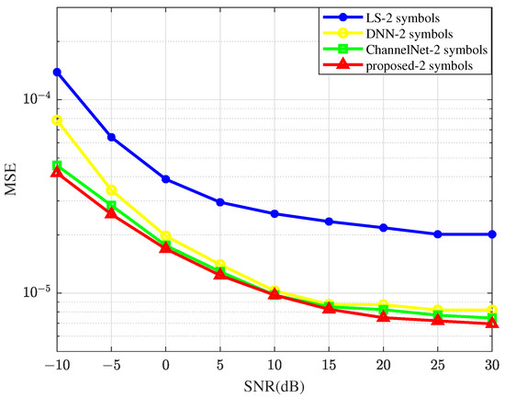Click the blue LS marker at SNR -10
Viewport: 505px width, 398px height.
pos(57,72)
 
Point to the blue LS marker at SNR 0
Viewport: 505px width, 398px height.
pos(165,179)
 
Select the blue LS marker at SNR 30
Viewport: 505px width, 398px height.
pos(492,234)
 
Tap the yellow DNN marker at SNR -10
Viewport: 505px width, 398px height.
pos(57,120)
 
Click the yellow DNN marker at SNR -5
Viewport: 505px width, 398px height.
pos(111,190)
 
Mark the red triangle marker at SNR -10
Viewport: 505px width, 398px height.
pos(57,172)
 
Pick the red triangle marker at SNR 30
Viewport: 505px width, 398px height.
pos(492,323)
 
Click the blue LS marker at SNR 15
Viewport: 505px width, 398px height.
pos(329,222)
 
